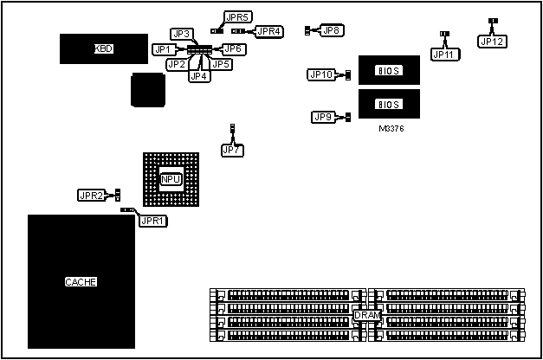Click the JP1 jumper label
tap(162, 49)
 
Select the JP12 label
tap(492, 41)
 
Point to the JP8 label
tap(331, 31)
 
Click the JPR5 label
tap(237, 17)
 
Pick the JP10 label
tap(321, 74)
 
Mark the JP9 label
tap(324, 117)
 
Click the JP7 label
tap(232, 150)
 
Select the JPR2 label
tap(91, 196)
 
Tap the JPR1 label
tap(153, 221)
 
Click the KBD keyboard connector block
tap(102, 48)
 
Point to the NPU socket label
tap(171, 179)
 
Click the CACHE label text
tap(81, 282)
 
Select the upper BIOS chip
tap(389, 70)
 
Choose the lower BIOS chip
tap(389, 104)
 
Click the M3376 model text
tap(391, 128)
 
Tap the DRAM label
tap(365, 315)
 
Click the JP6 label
tap(233, 49)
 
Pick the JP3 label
tap(182, 34)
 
